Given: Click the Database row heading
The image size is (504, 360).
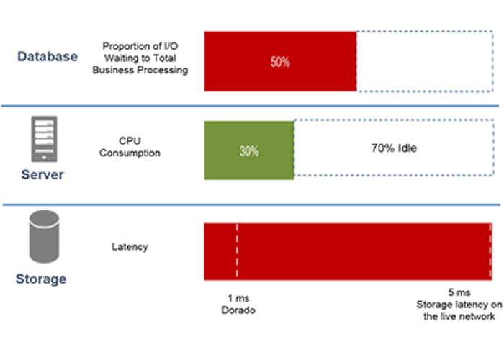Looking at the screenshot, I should [x=47, y=57].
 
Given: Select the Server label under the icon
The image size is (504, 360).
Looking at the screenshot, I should [x=42, y=175].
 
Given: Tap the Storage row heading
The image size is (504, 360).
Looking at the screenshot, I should [x=42, y=279].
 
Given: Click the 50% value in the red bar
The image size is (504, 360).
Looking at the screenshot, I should [x=280, y=62].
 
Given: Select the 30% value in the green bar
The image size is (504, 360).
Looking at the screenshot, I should [x=249, y=151].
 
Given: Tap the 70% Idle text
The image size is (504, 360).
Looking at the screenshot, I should [x=393, y=150].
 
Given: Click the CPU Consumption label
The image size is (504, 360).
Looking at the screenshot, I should [x=130, y=147].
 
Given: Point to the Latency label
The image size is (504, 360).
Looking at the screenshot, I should [x=130, y=247].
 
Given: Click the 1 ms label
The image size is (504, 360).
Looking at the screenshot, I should [x=237, y=297].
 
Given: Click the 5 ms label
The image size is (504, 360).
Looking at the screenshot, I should [x=459, y=293].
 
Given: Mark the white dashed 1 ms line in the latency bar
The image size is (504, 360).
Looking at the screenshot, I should [x=236, y=252].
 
